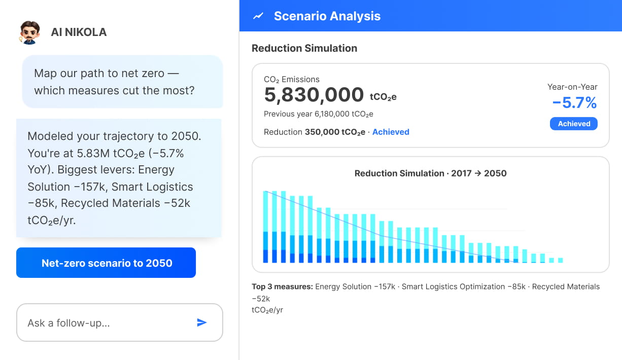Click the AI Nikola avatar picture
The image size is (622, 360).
pyautogui.click(x=30, y=32)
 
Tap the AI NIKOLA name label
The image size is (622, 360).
pyautogui.click(x=79, y=32)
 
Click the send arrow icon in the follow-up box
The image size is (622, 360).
pyautogui.click(x=202, y=322)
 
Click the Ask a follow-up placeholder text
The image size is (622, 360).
pyautogui.click(x=68, y=323)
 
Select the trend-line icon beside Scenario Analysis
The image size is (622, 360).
pyautogui.click(x=258, y=16)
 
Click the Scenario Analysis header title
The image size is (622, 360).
pyautogui.click(x=327, y=16)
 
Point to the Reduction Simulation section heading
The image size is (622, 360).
pyautogui.click(x=304, y=48)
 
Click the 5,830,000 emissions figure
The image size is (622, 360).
pyautogui.click(x=314, y=95)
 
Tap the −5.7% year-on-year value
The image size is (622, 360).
pyautogui.click(x=574, y=103)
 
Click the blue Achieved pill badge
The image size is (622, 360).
pyautogui.click(x=574, y=124)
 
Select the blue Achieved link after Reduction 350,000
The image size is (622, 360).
pyautogui.click(x=391, y=132)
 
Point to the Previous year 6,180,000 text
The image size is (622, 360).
pyautogui.click(x=319, y=114)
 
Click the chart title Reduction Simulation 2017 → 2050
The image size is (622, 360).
pyautogui.click(x=430, y=173)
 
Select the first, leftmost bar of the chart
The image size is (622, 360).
pyautogui.click(x=265, y=227)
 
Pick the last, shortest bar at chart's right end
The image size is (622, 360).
pyautogui.click(x=560, y=260)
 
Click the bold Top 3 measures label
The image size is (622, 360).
pyautogui.click(x=282, y=286)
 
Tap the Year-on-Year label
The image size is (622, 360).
pyautogui.click(x=572, y=87)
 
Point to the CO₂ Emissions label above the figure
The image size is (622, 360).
pyautogui.click(x=292, y=80)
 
